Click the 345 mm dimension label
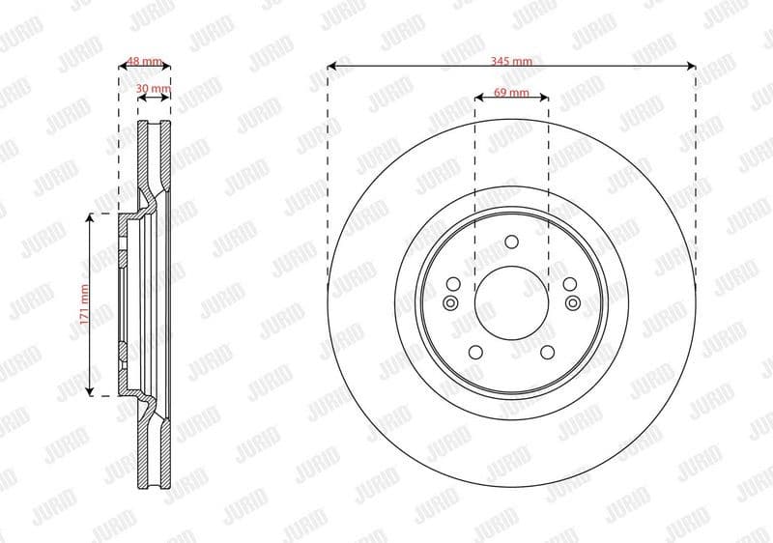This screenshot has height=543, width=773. (511, 61)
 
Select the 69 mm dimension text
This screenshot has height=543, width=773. (511, 92)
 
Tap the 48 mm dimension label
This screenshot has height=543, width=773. (145, 61)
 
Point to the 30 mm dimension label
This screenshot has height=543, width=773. (154, 89)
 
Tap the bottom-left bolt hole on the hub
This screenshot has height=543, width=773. (477, 352)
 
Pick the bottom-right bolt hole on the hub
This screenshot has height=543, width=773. (546, 352)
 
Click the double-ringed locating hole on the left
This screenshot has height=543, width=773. (449, 303)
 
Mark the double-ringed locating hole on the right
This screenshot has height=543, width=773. (573, 303)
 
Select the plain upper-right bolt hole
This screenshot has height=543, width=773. (569, 284)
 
